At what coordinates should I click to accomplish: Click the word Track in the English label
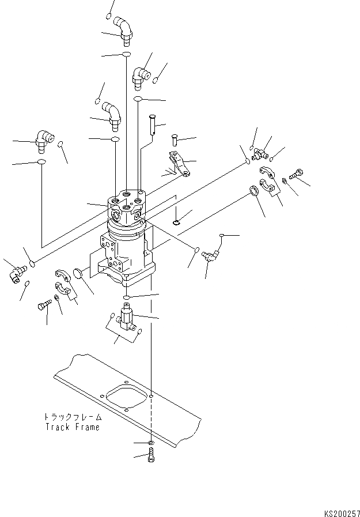click(x=56, y=427)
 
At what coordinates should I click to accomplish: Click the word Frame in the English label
click(x=86, y=427)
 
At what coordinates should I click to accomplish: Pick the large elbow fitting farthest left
click(x=41, y=139)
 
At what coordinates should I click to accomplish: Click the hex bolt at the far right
click(x=297, y=172)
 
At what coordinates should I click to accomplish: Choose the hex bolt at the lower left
click(x=44, y=306)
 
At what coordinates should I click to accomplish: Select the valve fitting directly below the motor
click(x=127, y=318)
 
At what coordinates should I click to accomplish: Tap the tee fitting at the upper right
click(x=261, y=154)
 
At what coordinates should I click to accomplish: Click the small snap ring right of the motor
click(x=177, y=222)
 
